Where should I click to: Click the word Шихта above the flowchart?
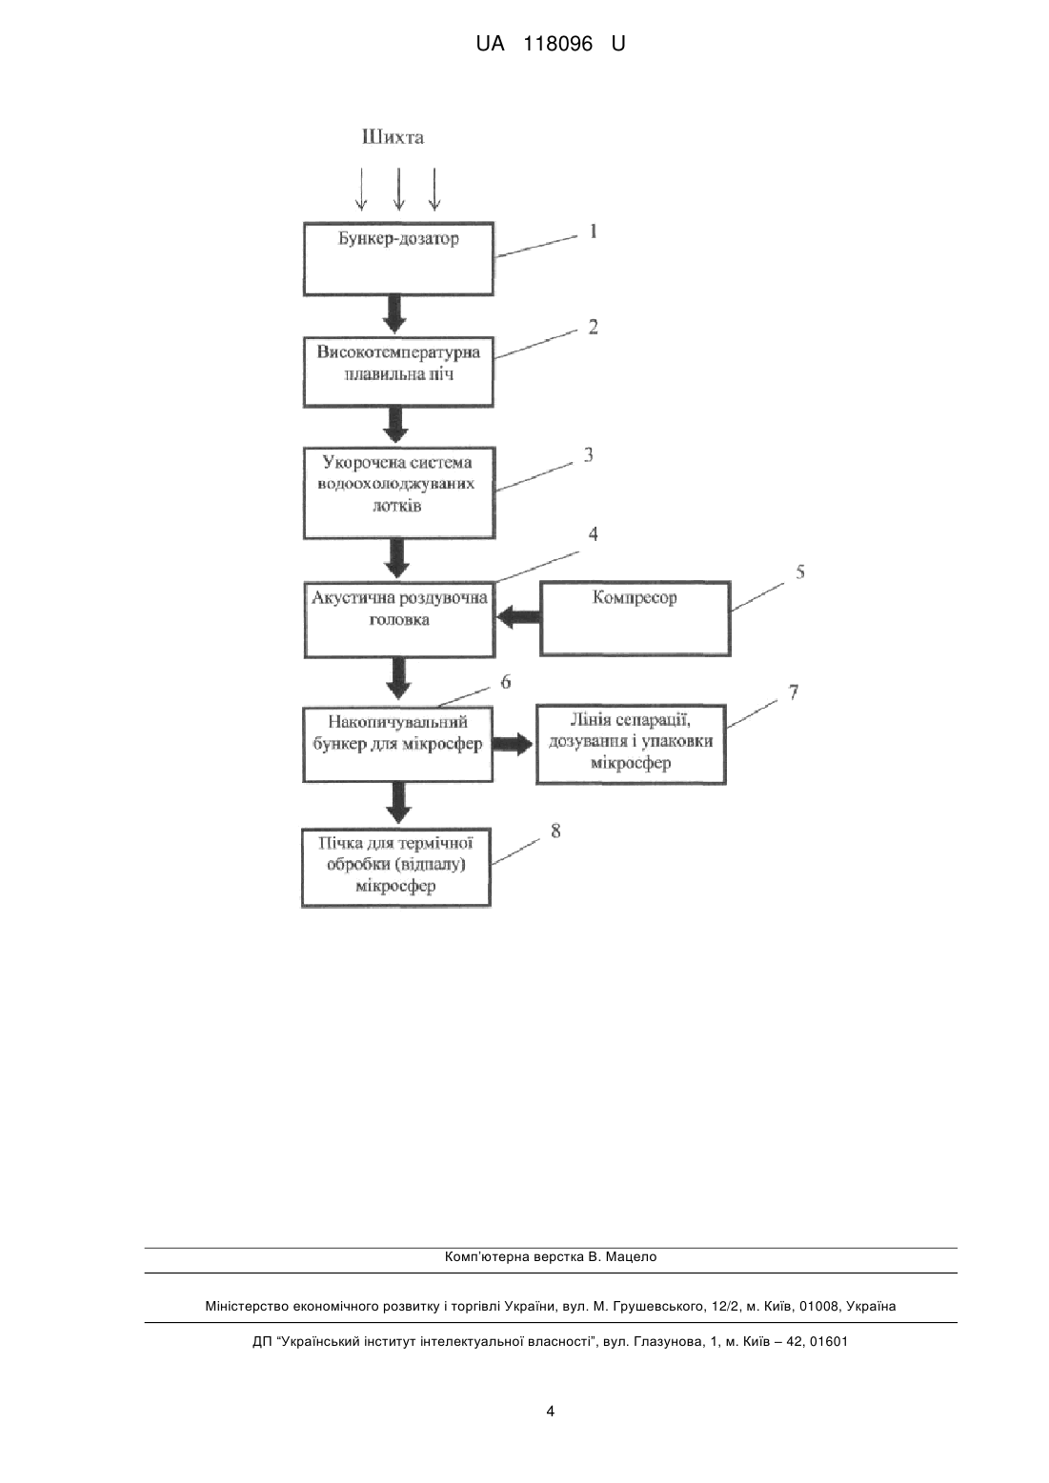pyautogui.click(x=393, y=137)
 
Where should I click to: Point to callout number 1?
pyautogui.click(x=594, y=231)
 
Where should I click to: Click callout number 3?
pyautogui.click(x=588, y=455)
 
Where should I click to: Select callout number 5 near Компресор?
pyautogui.click(x=800, y=572)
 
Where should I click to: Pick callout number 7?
pyautogui.click(x=794, y=691)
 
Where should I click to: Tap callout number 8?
pyautogui.click(x=555, y=831)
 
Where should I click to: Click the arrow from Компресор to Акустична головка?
pyautogui.click(x=518, y=618)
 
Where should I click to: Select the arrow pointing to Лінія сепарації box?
pyautogui.click(x=514, y=744)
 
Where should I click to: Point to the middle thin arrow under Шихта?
pyautogui.click(x=398, y=189)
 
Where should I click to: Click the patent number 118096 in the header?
pyautogui.click(x=558, y=44)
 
